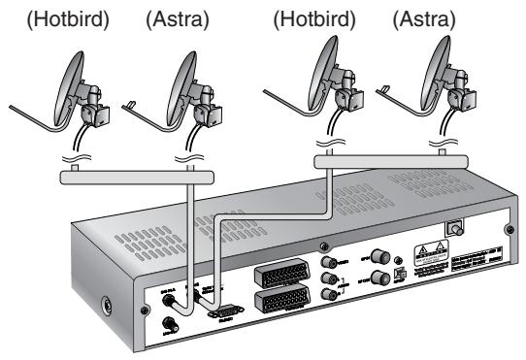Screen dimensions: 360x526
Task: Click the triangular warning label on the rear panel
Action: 428,249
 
